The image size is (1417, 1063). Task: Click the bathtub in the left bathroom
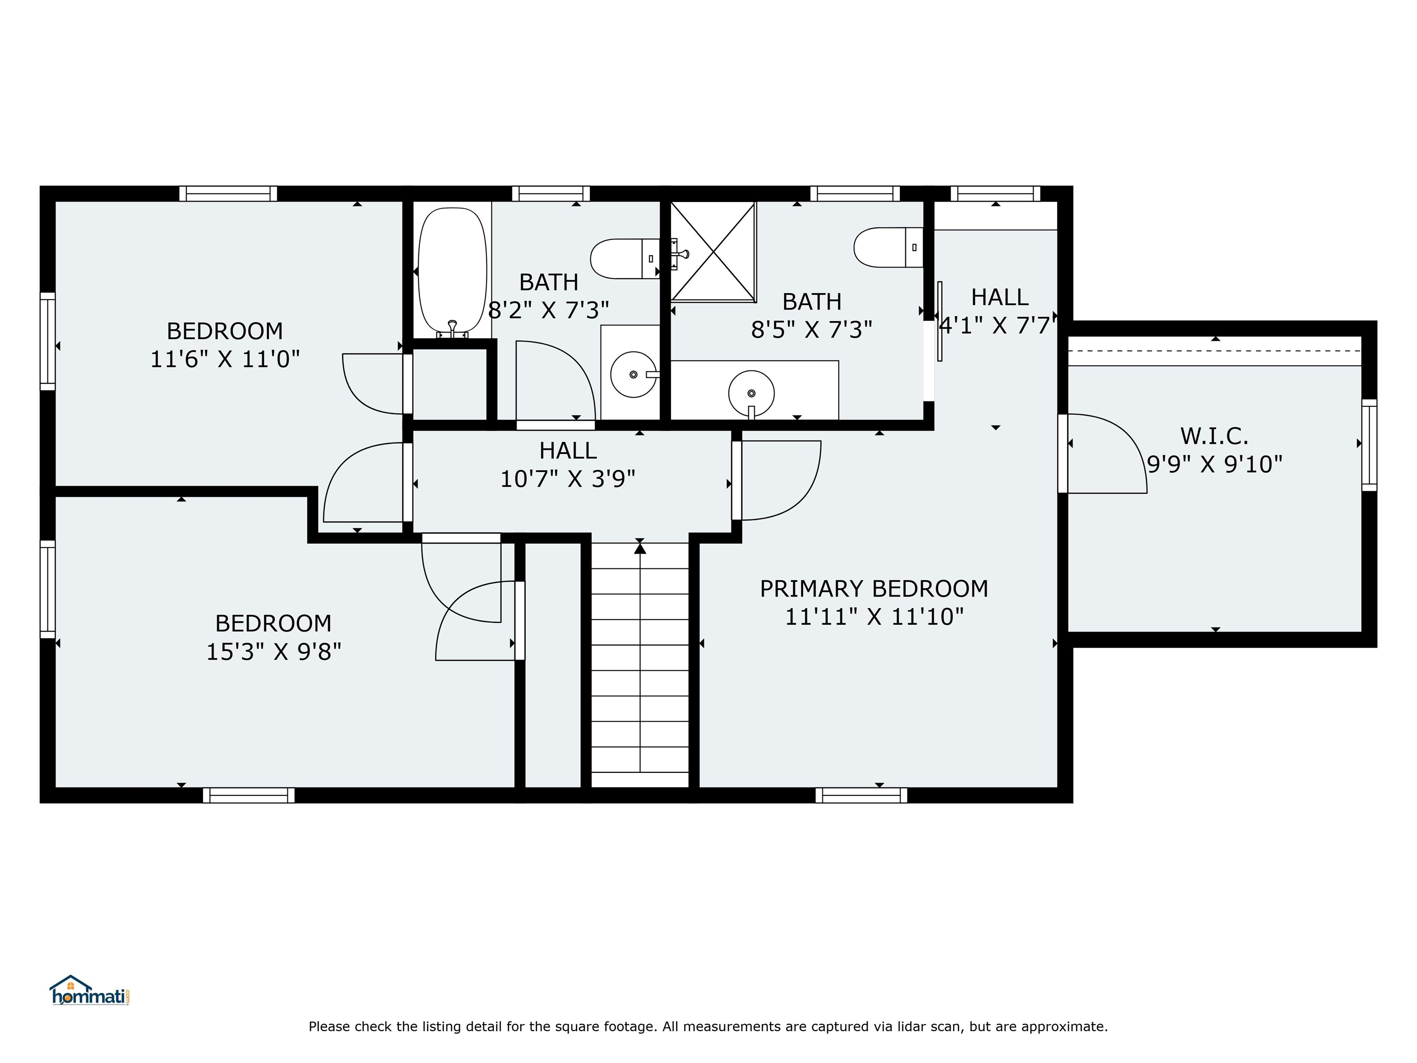coord(452,271)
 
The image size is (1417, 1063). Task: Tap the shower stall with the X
coord(713,251)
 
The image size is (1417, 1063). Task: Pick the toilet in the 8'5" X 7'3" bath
coord(888,247)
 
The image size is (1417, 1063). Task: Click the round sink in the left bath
coord(634,374)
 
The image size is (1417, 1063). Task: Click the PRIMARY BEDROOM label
coord(874,588)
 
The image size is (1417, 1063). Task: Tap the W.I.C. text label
coord(1215,436)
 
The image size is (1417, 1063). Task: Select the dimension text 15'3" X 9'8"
coord(274,651)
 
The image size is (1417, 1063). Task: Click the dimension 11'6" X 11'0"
coord(225,359)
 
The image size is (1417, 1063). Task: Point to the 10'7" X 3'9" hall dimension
coord(567,478)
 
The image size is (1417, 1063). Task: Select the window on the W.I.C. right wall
coord(1369,445)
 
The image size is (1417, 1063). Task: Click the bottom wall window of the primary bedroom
coord(862,795)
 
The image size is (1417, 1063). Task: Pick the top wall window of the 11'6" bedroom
coord(228,193)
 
